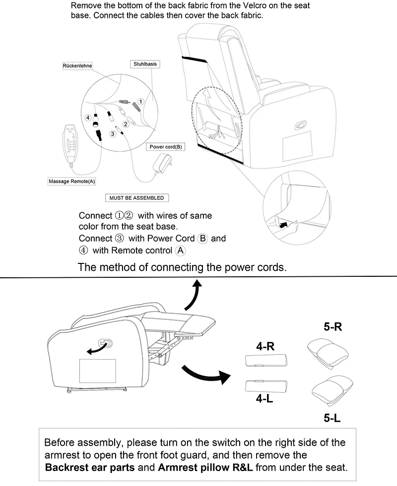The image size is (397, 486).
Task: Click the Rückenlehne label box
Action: point(78,66)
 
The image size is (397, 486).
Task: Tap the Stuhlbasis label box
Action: point(145,64)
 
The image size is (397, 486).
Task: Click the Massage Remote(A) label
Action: point(72,181)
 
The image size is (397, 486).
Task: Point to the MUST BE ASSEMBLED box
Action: point(136,198)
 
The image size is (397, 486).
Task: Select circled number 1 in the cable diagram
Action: point(140,101)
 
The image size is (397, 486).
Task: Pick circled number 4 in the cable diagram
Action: point(88,118)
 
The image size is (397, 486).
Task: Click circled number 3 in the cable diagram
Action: point(113,133)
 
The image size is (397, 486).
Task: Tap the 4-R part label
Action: point(265,347)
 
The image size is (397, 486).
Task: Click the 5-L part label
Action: point(332,418)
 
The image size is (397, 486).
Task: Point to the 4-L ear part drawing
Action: point(261,386)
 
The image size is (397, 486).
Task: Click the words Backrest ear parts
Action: point(98,468)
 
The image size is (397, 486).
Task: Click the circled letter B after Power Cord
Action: point(202,238)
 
